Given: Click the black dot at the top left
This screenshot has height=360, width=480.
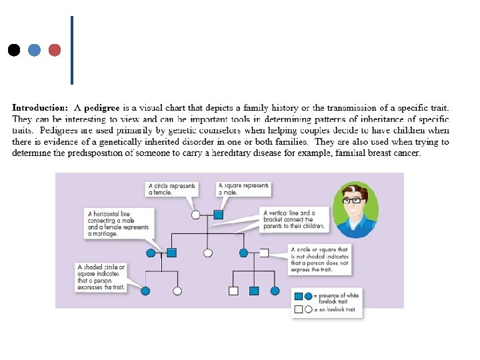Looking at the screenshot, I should click(x=13, y=50).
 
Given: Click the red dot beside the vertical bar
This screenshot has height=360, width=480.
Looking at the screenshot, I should click(x=55, y=50).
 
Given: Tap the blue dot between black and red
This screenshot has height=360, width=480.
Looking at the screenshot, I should click(x=35, y=50).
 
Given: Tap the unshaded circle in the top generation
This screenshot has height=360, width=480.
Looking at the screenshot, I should click(x=196, y=215).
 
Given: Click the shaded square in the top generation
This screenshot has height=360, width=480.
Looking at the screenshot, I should click(x=218, y=215).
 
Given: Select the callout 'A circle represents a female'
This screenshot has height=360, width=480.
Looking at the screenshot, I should click(x=171, y=189).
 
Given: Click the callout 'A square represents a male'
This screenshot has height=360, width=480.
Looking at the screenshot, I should click(x=243, y=189).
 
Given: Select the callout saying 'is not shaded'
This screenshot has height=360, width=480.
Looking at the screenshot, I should click(x=319, y=259).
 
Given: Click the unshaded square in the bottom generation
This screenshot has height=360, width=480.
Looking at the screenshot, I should click(x=233, y=291).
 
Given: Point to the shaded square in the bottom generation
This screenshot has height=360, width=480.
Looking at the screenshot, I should click(x=254, y=291).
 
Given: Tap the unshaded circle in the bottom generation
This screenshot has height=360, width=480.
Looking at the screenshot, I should click(x=177, y=291).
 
